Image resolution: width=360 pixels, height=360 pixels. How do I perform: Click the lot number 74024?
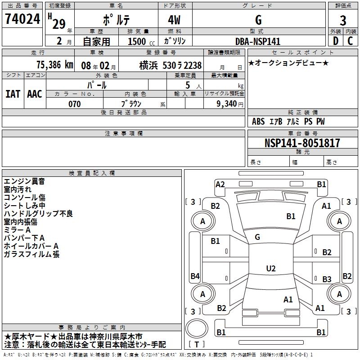coord(22,19)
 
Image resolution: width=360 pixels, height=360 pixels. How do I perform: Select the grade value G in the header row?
coord(258,20)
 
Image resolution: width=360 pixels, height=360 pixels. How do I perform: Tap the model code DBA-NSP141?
coord(258,41)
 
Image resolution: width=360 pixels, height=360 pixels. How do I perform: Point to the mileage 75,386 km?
coord(54,65)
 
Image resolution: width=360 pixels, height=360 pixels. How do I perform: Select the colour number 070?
coord(74,104)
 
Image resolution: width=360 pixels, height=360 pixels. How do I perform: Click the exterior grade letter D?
coord(335,41)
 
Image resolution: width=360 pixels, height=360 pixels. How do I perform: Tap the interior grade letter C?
coord(350,41)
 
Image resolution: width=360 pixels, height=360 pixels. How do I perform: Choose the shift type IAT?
coord(13,94)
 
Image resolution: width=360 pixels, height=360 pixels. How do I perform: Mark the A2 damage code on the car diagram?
coord(220,184)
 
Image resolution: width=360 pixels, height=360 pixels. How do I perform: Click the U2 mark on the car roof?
coord(270,269)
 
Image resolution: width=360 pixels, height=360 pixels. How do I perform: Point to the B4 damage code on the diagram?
coord(195,276)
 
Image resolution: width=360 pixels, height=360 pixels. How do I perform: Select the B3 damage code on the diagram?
coord(327,279)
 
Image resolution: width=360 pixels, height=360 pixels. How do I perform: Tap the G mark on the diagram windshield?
coord(257,237)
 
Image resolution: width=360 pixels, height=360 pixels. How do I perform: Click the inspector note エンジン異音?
coord(24,181)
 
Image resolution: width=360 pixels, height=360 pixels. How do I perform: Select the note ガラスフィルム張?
coord(31,254)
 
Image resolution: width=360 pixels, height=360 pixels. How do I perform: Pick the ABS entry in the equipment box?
coord(258,121)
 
